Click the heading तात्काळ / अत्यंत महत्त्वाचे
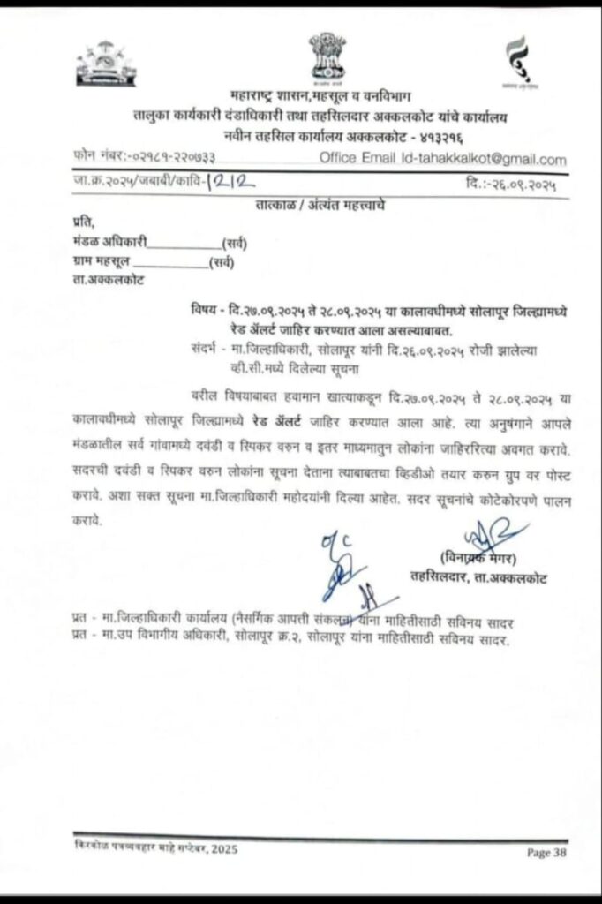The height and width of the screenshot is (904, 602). (314, 206)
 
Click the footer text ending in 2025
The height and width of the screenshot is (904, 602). (155, 849)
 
